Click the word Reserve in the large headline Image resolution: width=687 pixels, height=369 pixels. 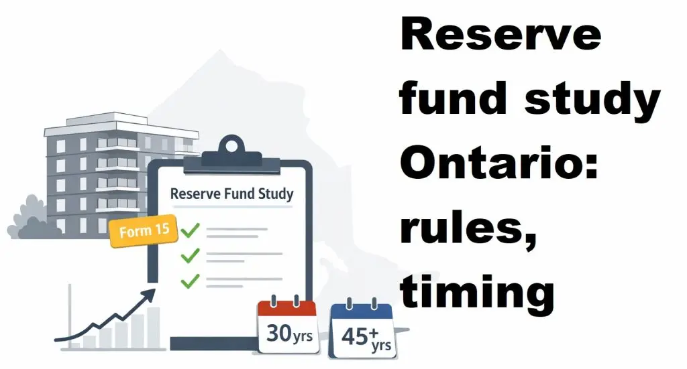[500, 35]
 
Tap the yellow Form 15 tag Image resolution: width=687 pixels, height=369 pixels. [143, 232]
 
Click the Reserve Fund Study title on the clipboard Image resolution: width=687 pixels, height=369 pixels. [231, 194]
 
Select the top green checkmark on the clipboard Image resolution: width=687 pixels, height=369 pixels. [191, 230]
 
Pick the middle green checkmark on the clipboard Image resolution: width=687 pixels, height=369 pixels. [191, 254]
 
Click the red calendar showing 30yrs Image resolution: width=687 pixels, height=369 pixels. [287, 327]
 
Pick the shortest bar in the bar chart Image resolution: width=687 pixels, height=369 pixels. [76, 346]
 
